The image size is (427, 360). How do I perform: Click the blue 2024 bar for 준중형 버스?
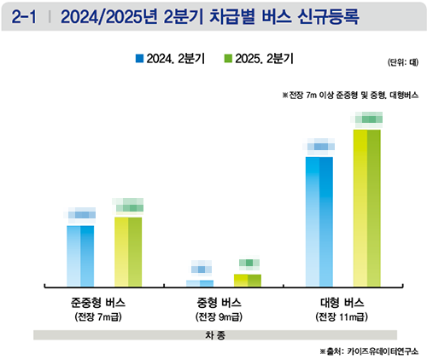80,255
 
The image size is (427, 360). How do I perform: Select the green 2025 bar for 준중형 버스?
128,251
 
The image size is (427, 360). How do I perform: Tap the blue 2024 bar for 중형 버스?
201,282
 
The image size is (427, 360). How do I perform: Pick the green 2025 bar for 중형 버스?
248,280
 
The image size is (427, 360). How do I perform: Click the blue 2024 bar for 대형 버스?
319,221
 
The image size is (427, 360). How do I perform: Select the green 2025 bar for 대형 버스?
367,207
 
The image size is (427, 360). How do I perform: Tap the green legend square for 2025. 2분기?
228,59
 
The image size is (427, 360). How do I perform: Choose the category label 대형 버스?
342,303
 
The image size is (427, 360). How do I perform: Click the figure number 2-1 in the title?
25,15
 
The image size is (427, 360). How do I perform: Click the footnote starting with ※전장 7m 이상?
346,95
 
